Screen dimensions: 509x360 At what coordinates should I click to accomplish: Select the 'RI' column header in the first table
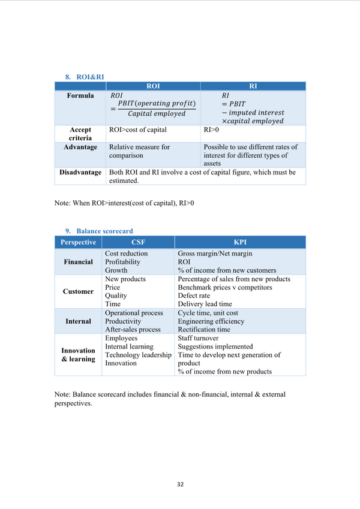tap(253, 86)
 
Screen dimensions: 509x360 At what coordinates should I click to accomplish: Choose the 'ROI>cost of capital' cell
tap(137, 129)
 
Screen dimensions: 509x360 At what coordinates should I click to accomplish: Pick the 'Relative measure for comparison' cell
tap(139, 150)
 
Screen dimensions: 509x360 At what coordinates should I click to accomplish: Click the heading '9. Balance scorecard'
tap(99, 231)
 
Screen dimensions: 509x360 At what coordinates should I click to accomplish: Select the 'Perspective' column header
tap(78, 242)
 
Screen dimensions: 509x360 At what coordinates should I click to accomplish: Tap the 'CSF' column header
tap(138, 242)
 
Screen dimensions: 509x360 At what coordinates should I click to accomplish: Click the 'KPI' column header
tap(240, 242)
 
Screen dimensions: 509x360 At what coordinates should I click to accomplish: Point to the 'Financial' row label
tap(79, 262)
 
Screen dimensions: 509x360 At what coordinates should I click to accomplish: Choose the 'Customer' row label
tap(78, 291)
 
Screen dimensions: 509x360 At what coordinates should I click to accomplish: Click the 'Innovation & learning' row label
tap(78, 355)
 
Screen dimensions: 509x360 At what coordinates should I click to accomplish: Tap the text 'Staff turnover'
tap(198, 338)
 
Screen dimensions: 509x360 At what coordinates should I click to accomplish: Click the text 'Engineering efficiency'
tap(211, 321)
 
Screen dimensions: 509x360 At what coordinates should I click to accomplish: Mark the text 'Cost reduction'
tap(126, 254)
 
